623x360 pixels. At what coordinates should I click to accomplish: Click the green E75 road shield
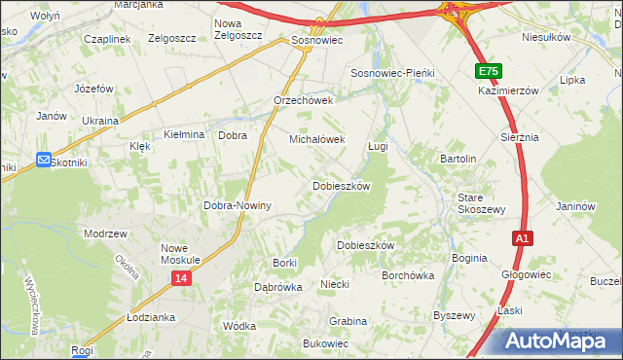pyautogui.click(x=490, y=72)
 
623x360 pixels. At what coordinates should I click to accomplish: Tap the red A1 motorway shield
pyautogui.click(x=523, y=237)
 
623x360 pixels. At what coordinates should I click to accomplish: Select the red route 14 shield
pyautogui.click(x=182, y=278)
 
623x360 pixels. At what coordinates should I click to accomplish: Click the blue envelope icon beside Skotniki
pyautogui.click(x=44, y=162)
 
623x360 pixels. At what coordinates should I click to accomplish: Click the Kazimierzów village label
pyautogui.click(x=508, y=90)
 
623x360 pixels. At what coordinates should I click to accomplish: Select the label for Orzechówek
pyautogui.click(x=304, y=100)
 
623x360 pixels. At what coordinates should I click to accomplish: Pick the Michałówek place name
pyautogui.click(x=317, y=140)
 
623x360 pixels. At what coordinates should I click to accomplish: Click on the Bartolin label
pyautogui.click(x=458, y=159)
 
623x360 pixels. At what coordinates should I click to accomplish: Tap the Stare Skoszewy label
pyautogui.click(x=481, y=203)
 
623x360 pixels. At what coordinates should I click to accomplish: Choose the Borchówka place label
pyautogui.click(x=408, y=275)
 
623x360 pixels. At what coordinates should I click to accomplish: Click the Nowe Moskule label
pyautogui.click(x=180, y=254)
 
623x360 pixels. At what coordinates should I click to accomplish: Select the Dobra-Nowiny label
pyautogui.click(x=236, y=206)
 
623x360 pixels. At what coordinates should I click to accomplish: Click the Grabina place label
pyautogui.click(x=348, y=321)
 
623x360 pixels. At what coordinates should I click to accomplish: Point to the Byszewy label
pyautogui.click(x=454, y=315)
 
